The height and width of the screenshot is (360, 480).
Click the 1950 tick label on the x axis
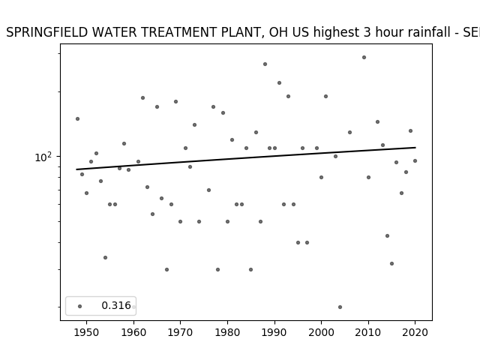pyautogui.click(x=87, y=332)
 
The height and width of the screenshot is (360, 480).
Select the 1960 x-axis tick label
pyautogui.click(x=133, y=332)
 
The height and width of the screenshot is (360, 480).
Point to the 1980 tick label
pyautogui.click(x=227, y=332)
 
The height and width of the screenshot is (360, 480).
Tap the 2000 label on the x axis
pyautogui.click(x=321, y=332)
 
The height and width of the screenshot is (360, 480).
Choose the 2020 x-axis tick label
pyautogui.click(x=415, y=332)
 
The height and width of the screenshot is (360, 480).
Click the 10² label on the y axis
pyautogui.click(x=43, y=157)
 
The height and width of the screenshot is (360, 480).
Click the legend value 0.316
pyautogui.click(x=116, y=305)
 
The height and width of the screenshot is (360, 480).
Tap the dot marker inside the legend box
pyautogui.click(x=80, y=306)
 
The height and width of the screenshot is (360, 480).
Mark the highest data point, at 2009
pyautogui.click(x=364, y=57)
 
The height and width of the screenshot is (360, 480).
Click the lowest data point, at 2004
pyautogui.click(x=340, y=307)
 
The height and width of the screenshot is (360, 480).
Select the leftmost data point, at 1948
pyautogui.click(x=77, y=118)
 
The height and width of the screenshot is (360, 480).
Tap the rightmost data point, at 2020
pyautogui.click(x=415, y=160)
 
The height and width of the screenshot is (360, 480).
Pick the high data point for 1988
pyautogui.click(x=265, y=64)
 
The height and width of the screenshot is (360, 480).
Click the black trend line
pyautogui.click(x=246, y=158)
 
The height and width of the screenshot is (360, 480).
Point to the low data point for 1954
pyautogui.click(x=105, y=258)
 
